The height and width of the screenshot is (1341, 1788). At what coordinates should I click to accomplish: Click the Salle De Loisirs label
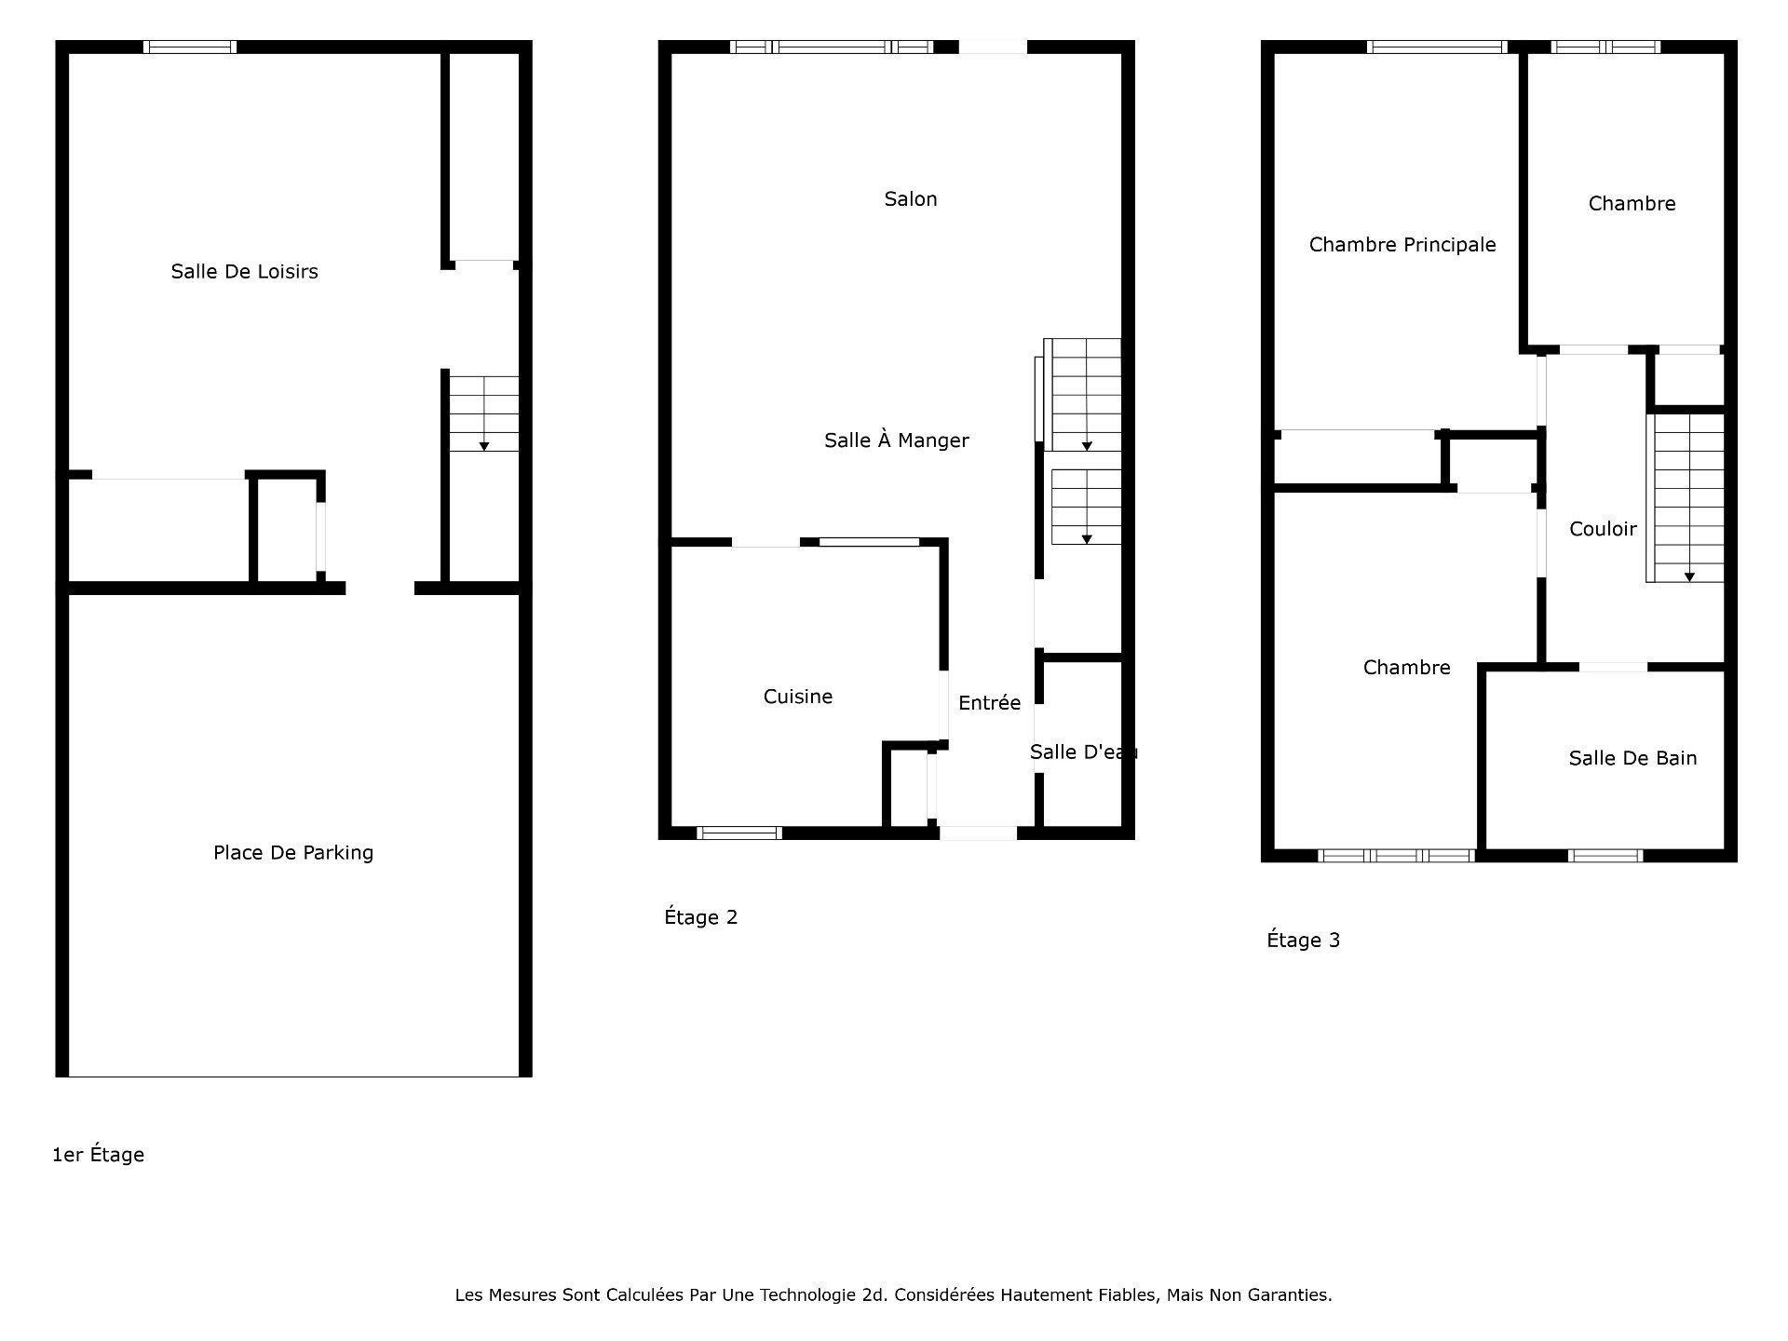(244, 271)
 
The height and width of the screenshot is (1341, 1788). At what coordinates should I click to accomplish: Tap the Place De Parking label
(293, 852)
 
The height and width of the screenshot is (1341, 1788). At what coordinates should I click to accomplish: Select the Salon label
(911, 198)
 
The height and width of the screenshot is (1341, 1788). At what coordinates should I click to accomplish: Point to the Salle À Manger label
(897, 440)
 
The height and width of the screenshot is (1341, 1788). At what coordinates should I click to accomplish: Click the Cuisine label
(798, 697)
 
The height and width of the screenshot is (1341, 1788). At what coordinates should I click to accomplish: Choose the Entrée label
(989, 703)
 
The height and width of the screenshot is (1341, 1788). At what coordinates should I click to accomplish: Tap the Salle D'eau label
(1083, 752)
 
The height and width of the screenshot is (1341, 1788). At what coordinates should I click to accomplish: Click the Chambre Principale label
(1402, 245)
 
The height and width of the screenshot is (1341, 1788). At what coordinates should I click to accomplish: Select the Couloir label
(1603, 529)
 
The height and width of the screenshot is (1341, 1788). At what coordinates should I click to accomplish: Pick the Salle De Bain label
(1632, 758)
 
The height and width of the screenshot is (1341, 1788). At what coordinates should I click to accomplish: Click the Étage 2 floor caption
(700, 917)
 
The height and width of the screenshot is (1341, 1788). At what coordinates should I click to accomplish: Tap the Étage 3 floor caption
(1303, 940)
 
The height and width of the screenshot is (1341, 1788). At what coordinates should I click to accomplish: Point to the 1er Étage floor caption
(98, 1155)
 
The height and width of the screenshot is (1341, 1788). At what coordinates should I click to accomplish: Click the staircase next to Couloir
(1686, 498)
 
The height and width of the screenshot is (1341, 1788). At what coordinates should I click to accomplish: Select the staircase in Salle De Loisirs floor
(483, 413)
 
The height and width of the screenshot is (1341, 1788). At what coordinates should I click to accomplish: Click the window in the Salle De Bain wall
(1605, 856)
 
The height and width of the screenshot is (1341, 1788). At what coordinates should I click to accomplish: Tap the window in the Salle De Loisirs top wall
(190, 47)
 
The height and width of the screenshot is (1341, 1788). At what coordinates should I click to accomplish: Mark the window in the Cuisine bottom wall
(739, 833)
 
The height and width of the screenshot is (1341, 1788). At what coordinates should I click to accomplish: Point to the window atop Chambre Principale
(1438, 47)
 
